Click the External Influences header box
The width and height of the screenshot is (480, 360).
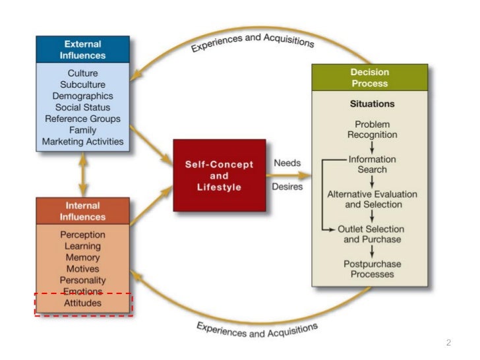tap(82, 49)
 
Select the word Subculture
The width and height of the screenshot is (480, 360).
tap(82, 84)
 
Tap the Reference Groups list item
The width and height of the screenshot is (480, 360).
tap(82, 119)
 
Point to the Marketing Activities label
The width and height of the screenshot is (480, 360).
tap(82, 141)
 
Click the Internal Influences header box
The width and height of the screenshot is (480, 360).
tap(82, 211)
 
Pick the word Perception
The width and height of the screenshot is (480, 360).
tap(82, 235)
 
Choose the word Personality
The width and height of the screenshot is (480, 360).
tap(82, 280)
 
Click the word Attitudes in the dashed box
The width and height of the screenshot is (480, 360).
tap(82, 303)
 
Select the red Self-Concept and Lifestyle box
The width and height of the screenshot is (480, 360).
tap(219, 175)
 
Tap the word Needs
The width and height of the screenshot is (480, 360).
tap(287, 162)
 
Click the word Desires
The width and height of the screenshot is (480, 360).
tap(287, 187)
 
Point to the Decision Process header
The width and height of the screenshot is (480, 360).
tap(369, 77)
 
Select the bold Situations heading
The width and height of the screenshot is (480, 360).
tap(372, 104)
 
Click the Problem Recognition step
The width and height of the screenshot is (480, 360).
tap(373, 129)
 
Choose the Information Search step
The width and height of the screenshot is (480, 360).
tap(373, 164)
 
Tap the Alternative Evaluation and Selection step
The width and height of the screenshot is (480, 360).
tap(372, 199)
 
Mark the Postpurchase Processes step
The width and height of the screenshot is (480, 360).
tap(372, 268)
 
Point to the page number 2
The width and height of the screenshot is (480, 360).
tap(448, 343)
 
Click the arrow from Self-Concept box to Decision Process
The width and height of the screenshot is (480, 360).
tap(290, 175)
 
